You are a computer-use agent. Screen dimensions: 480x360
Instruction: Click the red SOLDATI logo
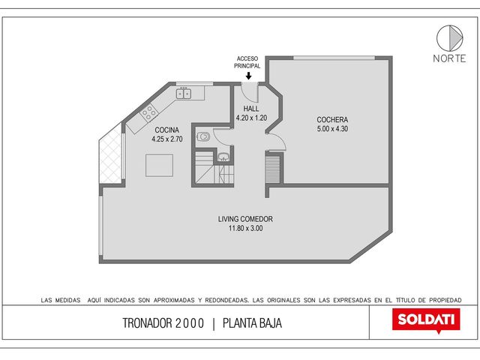(x=426, y=320)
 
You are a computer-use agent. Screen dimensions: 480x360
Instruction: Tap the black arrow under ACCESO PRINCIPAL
(x=248, y=76)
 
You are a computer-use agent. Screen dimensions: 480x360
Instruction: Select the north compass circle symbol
(x=449, y=38)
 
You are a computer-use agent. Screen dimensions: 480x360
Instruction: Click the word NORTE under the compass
(x=449, y=58)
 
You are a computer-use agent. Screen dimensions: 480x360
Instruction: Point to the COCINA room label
(x=166, y=130)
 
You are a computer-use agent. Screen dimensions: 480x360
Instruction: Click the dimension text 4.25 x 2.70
(x=167, y=139)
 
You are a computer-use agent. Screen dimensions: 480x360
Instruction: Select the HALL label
(x=251, y=109)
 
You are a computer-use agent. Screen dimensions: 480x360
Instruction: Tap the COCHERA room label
(x=332, y=120)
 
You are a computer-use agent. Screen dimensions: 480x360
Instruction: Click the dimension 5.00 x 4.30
(x=332, y=129)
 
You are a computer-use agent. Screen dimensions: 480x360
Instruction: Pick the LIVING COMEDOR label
(x=245, y=219)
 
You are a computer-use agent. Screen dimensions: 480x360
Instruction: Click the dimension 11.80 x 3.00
(x=245, y=228)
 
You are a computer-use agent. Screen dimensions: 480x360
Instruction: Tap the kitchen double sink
(x=184, y=93)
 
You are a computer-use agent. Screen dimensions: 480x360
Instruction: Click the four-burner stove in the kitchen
(x=149, y=112)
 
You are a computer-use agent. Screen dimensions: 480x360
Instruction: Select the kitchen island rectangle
(x=159, y=165)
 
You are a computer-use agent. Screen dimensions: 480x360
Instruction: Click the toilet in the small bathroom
(x=203, y=136)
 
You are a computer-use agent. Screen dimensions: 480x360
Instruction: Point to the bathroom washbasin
(x=224, y=157)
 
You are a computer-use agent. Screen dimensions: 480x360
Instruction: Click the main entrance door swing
(x=250, y=92)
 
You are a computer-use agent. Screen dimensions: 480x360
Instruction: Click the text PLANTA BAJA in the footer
(x=252, y=323)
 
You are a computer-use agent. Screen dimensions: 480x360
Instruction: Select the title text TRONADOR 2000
(x=163, y=323)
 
